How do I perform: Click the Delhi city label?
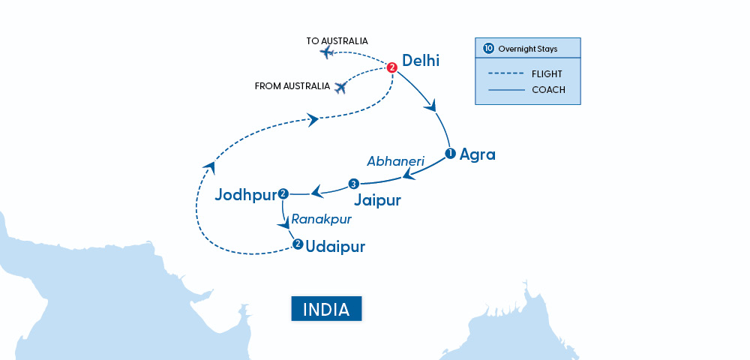[421, 61]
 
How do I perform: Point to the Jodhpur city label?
[244, 195]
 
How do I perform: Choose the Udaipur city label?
[335, 246]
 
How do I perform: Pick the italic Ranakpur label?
[321, 220]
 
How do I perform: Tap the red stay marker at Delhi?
[391, 67]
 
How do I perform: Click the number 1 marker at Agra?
[450, 154]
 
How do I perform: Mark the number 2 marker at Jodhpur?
[283, 194]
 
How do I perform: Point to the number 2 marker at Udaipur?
[298, 244]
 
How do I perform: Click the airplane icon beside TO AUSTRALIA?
[327, 52]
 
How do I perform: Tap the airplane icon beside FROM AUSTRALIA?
[341, 88]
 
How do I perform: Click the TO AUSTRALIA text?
[337, 40]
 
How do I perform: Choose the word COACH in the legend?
[548, 90]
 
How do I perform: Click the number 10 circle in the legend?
[488, 49]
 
